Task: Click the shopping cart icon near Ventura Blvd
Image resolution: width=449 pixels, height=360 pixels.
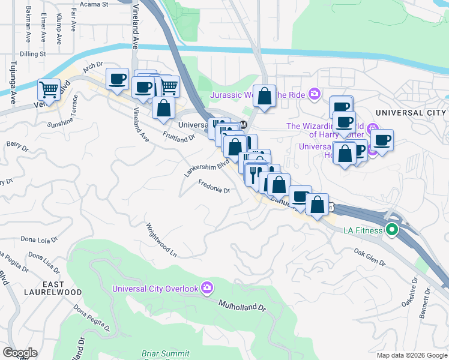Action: [49, 90]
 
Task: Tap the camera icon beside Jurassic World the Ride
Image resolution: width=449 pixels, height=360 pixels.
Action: [313, 94]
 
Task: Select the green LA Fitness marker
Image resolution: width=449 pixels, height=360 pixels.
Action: [393, 230]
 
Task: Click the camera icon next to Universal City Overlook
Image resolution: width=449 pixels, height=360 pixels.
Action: [207, 289]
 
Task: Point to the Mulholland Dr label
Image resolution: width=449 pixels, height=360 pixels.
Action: [241, 307]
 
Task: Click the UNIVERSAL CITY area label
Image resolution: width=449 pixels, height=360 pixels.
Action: [411, 113]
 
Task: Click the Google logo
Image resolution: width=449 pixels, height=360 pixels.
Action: [20, 353]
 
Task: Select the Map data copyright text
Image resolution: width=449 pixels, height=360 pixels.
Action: [411, 355]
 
